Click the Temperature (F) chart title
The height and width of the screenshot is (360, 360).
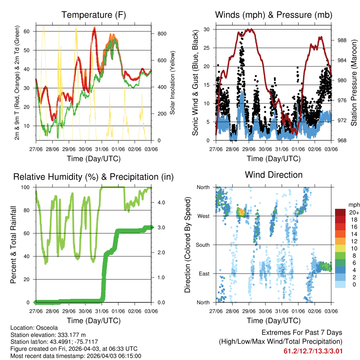94,15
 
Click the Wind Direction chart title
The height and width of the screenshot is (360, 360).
274,175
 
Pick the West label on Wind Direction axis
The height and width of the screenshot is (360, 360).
203,216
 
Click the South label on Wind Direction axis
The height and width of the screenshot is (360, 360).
202,245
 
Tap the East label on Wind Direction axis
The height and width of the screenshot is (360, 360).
204,274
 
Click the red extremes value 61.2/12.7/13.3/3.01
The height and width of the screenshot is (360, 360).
313,351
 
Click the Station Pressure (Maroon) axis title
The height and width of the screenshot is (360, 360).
354,83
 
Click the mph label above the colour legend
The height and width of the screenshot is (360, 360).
353,205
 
